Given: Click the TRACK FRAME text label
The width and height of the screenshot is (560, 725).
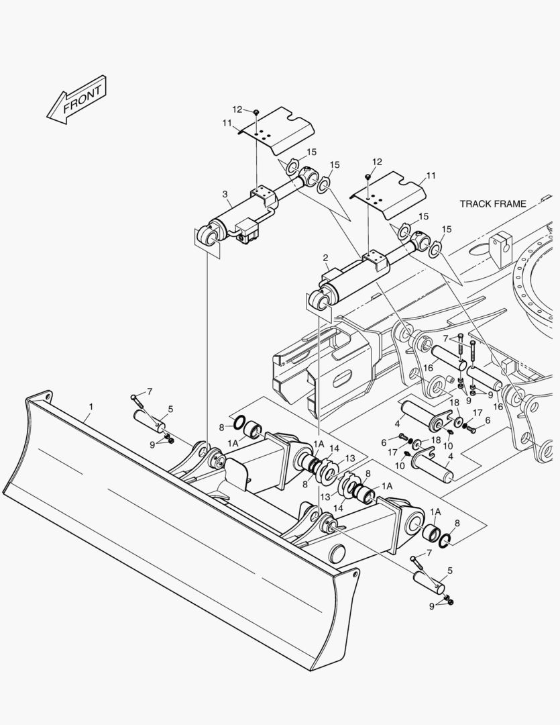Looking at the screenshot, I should [493, 203].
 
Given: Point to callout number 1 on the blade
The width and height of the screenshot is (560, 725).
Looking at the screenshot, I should [91, 407].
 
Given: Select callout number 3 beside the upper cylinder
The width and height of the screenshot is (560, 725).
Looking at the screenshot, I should [225, 194].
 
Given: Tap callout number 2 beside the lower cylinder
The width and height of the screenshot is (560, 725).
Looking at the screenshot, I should [325, 258].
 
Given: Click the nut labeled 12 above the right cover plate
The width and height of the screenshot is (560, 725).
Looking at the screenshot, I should [368, 176].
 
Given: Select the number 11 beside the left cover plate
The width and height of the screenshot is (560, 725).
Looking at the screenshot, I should [227, 123].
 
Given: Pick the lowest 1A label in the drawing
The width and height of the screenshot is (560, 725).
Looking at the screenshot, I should [435, 512].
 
